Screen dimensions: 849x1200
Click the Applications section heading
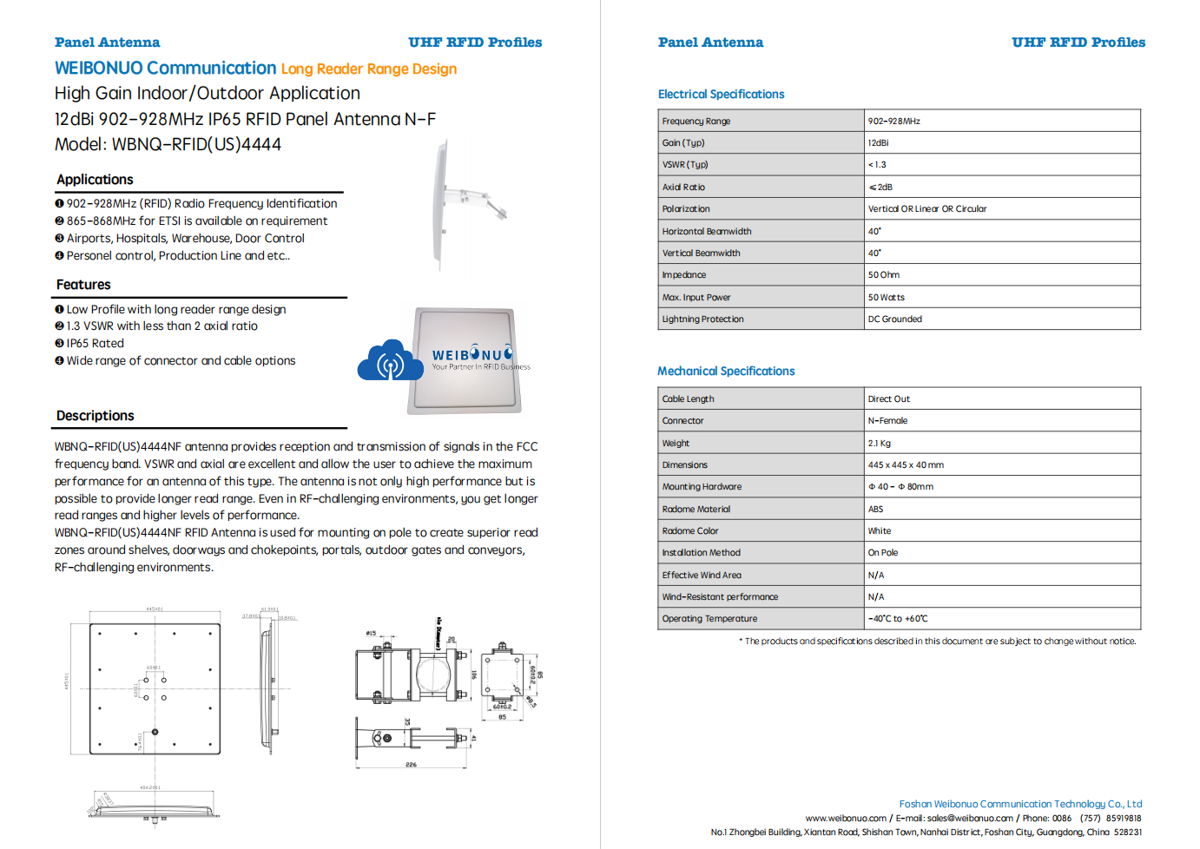pyautogui.click(x=95, y=180)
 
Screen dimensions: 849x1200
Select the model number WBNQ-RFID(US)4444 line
pyautogui.click(x=168, y=145)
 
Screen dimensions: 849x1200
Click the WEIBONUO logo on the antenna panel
pyautogui.click(x=473, y=355)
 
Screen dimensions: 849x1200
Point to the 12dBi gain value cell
pyautogui.click(x=878, y=143)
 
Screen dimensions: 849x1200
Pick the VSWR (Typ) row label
pyautogui.click(x=685, y=165)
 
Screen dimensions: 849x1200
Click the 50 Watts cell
pyautogui.click(x=886, y=298)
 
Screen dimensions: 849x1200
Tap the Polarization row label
pyautogui.click(x=686, y=209)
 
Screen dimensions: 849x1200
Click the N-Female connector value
pyautogui.click(x=887, y=421)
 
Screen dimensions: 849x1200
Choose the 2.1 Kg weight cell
pyautogui.click(x=879, y=444)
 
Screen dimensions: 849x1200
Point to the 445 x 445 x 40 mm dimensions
pyautogui.click(x=906, y=465)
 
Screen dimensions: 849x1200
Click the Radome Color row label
pyautogui.click(x=690, y=531)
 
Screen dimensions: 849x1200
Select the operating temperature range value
pyautogui.click(x=898, y=619)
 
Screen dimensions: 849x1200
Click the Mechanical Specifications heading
pyautogui.click(x=726, y=372)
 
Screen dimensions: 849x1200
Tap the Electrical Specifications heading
pyautogui.click(x=721, y=95)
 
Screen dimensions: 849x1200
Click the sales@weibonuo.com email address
pyautogui.click(x=970, y=819)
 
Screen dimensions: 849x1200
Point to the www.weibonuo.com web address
pyautogui.click(x=846, y=819)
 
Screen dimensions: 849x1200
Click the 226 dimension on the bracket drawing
pyautogui.click(x=411, y=765)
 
